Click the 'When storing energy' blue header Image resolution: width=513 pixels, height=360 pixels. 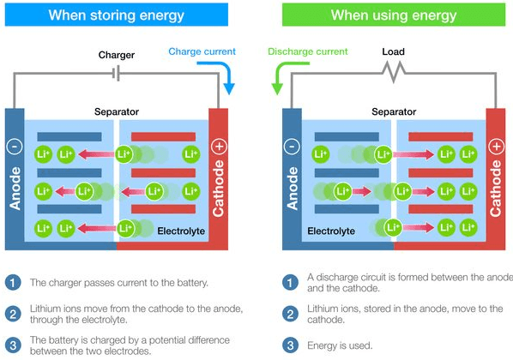coord(117,15)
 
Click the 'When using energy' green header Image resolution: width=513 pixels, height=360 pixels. coord(394,15)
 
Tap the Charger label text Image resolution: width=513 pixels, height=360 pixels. coord(117,55)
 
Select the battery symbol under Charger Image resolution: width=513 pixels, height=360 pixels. coord(116,73)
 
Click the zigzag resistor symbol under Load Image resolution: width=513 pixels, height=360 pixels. coord(395,72)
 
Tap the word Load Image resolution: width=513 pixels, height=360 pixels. coord(393,51)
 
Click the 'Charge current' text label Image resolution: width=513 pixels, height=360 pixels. coord(202,51)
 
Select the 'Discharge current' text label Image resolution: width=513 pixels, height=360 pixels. coord(307,51)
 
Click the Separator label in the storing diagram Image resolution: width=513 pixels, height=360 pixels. coord(117,111)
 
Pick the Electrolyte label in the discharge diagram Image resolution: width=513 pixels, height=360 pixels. coord(331,231)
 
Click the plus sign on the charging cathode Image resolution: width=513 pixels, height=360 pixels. coord(219,147)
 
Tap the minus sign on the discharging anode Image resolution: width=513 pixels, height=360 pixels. coord(292,147)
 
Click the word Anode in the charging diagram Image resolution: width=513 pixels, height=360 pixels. coord(15,188)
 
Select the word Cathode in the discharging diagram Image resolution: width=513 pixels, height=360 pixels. coord(495,188)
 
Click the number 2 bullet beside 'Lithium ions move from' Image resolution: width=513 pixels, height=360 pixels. coord(13,314)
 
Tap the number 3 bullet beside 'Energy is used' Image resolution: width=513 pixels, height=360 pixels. coord(290,345)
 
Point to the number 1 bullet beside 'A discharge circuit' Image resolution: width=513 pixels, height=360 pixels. coord(290,283)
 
